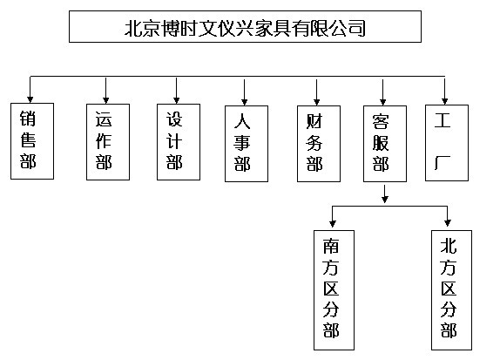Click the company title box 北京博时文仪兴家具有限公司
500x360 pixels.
[245, 26]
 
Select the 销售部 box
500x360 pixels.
[32, 141]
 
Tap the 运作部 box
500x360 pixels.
[108, 142]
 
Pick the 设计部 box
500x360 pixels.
[179, 142]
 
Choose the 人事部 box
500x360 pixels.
[247, 144]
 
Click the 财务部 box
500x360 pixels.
[319, 144]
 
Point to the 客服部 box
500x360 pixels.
[385, 144]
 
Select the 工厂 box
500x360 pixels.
[447, 143]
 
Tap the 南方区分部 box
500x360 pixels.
[334, 290]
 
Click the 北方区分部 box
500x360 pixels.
[451, 290]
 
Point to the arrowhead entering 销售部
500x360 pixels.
[30, 99]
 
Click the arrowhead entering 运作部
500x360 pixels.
[106, 100]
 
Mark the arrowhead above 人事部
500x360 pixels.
[244, 102]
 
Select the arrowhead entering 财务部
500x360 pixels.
[317, 102]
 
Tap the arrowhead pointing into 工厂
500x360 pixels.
[445, 101]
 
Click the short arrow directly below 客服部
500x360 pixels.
[385, 194]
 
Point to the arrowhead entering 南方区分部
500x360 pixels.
[333, 223]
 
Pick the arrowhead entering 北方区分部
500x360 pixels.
[448, 223]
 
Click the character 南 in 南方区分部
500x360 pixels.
[331, 247]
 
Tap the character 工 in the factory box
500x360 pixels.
[443, 120]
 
